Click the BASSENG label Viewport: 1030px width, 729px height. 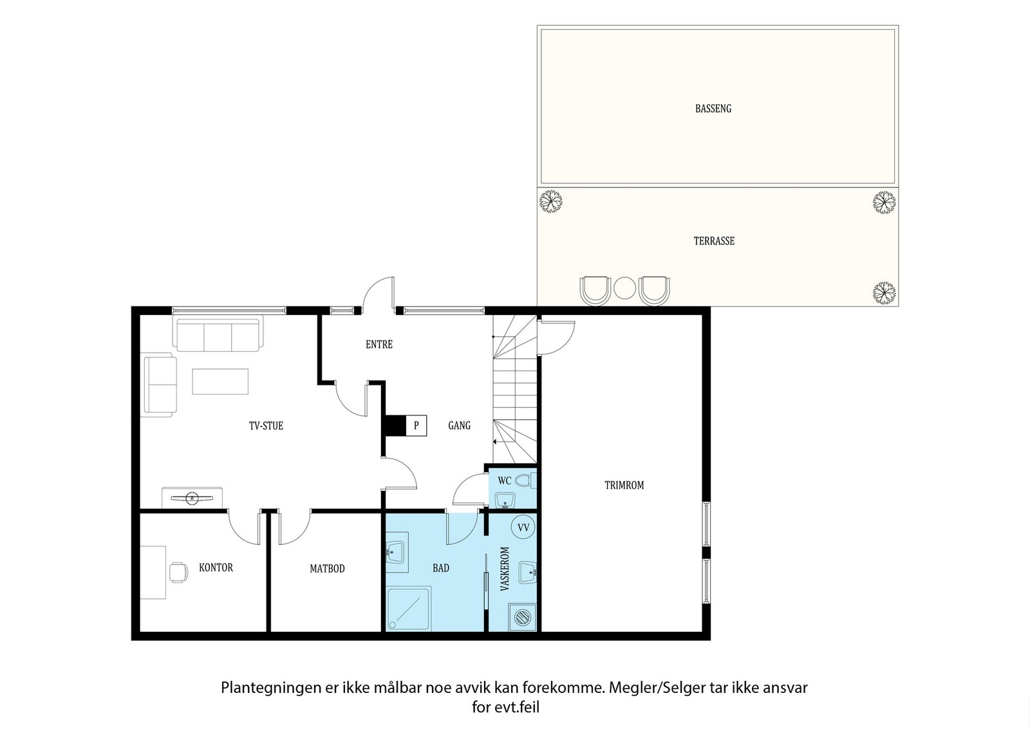click(713, 109)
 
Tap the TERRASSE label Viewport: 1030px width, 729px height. click(714, 241)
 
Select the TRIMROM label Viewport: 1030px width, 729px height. click(624, 485)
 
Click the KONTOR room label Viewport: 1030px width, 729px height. click(216, 567)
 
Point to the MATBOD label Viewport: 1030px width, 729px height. click(327, 569)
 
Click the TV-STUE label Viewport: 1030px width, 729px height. click(267, 426)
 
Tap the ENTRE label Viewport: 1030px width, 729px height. click(379, 345)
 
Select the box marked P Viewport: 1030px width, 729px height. click(416, 426)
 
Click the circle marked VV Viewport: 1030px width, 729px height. click(523, 527)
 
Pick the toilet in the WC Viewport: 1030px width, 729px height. click(525, 481)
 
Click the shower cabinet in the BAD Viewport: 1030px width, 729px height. click(409, 609)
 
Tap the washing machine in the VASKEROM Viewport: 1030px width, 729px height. click(522, 617)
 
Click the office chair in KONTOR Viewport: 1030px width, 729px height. click(178, 572)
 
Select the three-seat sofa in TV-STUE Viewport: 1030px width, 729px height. click(218, 334)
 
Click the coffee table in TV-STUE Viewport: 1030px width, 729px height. click(220, 381)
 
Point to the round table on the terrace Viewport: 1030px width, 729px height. click(624, 288)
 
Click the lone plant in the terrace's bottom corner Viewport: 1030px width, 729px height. click(885, 293)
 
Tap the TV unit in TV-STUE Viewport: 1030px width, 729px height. click(192, 498)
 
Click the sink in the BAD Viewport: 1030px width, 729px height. click(397, 552)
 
